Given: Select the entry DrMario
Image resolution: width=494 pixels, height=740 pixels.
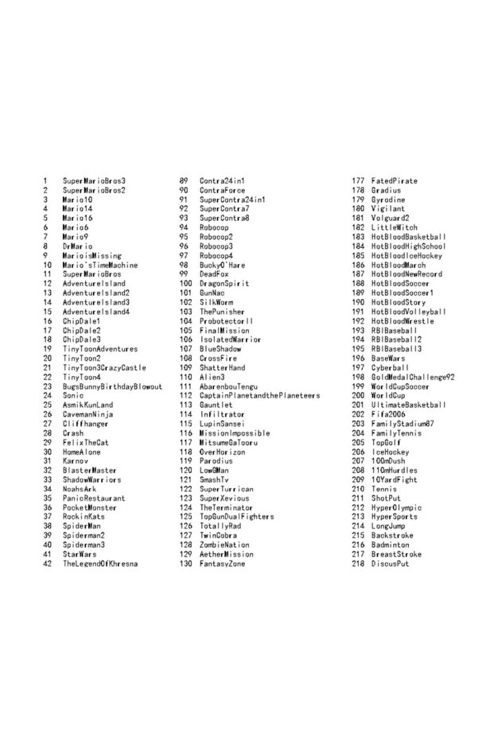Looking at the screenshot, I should click(x=77, y=246).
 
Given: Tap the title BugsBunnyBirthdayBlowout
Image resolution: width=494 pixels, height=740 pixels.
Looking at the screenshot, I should click(x=112, y=386).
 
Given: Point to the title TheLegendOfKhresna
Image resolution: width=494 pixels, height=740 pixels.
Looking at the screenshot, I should click(x=100, y=564).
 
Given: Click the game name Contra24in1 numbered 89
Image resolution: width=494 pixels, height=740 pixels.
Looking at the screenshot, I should click(x=222, y=181).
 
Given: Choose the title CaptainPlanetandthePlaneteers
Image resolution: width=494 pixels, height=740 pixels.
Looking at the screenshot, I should click(x=259, y=396).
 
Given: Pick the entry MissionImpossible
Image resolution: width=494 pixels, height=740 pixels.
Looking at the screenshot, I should click(x=235, y=433).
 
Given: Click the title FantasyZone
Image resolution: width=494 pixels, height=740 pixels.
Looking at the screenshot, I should click(x=222, y=564).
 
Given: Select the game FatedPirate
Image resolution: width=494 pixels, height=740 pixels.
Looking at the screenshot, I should click(x=394, y=181).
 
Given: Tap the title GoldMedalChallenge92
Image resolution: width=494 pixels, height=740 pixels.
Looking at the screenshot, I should click(x=412, y=377).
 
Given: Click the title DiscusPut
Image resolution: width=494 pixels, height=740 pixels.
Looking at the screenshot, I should click(x=390, y=564).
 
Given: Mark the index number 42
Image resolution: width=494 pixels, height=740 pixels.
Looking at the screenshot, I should click(x=47, y=564).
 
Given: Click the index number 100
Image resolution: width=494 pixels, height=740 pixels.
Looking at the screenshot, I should click(x=185, y=284).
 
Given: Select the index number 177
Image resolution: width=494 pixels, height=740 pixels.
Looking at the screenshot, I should click(x=358, y=181).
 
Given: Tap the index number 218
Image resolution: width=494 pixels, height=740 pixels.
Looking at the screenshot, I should click(x=358, y=564).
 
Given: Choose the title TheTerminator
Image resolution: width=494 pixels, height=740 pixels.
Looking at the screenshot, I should click(x=226, y=507).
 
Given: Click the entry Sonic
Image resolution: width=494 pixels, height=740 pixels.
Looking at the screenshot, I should click(x=73, y=396).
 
